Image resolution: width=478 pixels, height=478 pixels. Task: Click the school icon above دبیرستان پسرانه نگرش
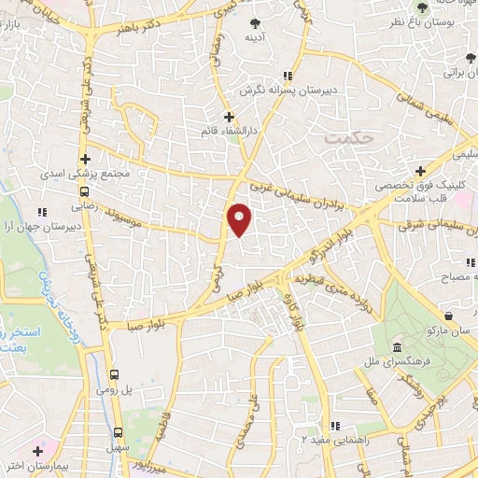pos(288,76)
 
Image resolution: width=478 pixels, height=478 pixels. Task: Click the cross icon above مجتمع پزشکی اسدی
pos(85,159)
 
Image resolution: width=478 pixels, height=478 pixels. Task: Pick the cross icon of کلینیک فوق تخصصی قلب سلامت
pos(421,171)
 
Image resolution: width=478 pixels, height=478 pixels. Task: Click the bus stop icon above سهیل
pos(118,432)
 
